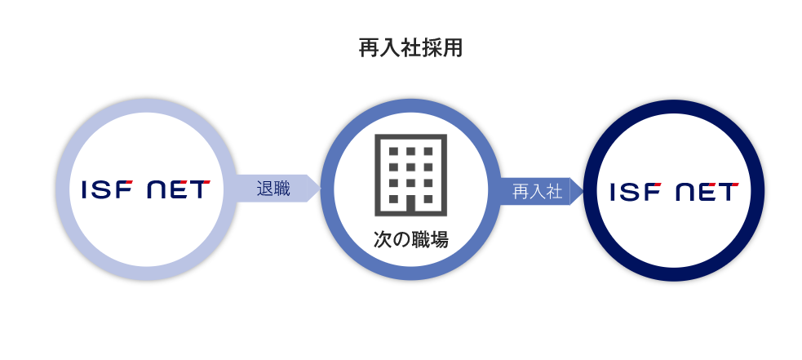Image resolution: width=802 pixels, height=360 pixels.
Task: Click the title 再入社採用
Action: pyautogui.click(x=410, y=48)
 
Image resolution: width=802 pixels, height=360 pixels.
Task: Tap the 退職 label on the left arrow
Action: pyautogui.click(x=273, y=189)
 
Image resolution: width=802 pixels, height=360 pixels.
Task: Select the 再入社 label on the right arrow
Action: pyautogui.click(x=537, y=192)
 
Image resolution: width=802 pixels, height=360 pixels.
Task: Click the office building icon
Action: pyautogui.click(x=410, y=175)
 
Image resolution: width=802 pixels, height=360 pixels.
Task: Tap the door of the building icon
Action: pyautogui.click(x=410, y=203)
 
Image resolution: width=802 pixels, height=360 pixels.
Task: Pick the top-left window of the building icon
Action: pyautogui.click(x=393, y=152)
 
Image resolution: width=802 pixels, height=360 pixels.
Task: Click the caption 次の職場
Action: pyautogui.click(x=410, y=239)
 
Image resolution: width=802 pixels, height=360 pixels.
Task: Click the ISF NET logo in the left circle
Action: pyautogui.click(x=146, y=189)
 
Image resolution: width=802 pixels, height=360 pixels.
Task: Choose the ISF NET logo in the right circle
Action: pyautogui.click(x=674, y=191)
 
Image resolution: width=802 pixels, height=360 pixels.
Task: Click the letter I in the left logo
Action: pyautogui.click(x=85, y=189)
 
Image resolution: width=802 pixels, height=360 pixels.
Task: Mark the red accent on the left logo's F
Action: pyautogui.click(x=128, y=183)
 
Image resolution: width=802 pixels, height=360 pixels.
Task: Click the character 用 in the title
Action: pyautogui.click(x=454, y=48)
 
